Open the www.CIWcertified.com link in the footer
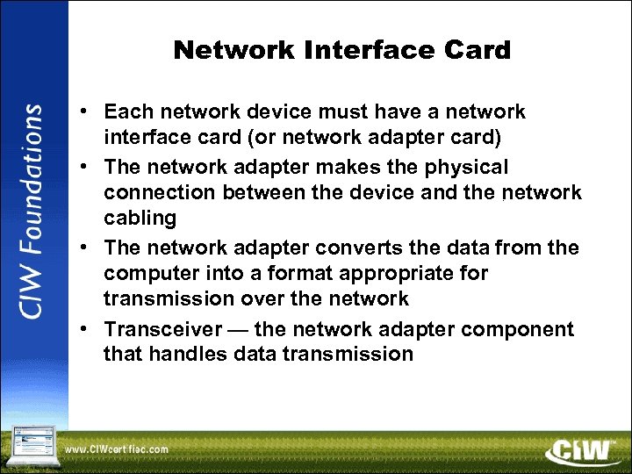pos(117,449)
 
